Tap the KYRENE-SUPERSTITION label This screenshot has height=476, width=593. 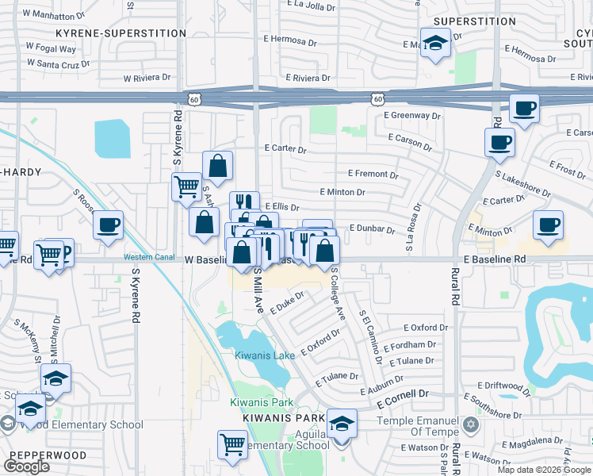(121, 33)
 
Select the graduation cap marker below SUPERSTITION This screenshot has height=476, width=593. (435, 44)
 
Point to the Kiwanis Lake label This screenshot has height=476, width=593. (265, 355)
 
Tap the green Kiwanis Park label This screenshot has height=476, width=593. (256, 402)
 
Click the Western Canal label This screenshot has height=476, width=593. (146, 257)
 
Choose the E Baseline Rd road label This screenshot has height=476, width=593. (495, 259)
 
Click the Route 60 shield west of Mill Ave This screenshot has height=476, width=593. (195, 98)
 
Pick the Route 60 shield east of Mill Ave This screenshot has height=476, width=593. (377, 98)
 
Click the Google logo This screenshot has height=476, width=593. (27, 466)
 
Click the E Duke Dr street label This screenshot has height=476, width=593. (287, 301)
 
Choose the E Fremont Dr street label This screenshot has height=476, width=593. (373, 174)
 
